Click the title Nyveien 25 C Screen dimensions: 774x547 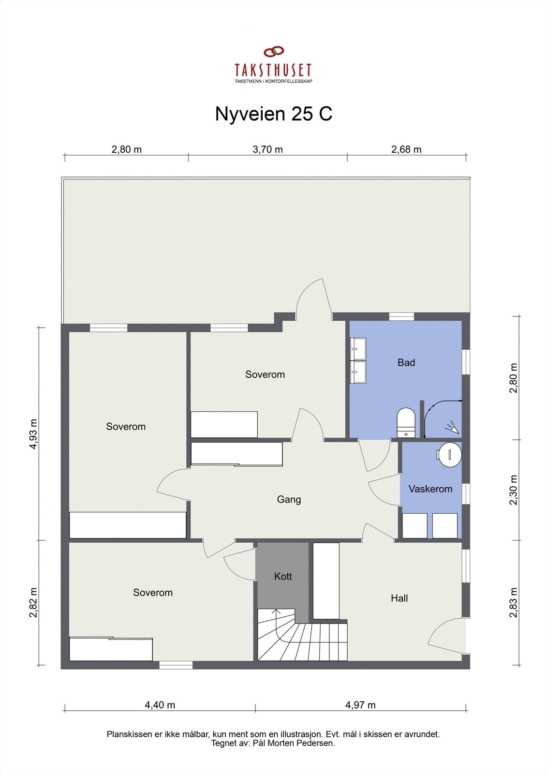click(x=273, y=114)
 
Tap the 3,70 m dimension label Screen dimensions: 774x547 click(x=267, y=149)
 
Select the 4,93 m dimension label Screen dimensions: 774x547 click(x=33, y=433)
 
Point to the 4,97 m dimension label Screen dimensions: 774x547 click(x=360, y=705)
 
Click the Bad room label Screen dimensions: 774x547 click(x=406, y=362)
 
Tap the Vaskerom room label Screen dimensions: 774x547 click(x=430, y=489)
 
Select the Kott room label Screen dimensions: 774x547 click(x=283, y=576)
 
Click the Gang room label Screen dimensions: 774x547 click(x=289, y=499)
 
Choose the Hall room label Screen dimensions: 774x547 click(x=399, y=598)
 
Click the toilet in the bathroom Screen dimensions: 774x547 click(x=406, y=422)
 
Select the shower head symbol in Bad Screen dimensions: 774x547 click(x=453, y=428)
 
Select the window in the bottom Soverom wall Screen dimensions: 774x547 click(x=176, y=665)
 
